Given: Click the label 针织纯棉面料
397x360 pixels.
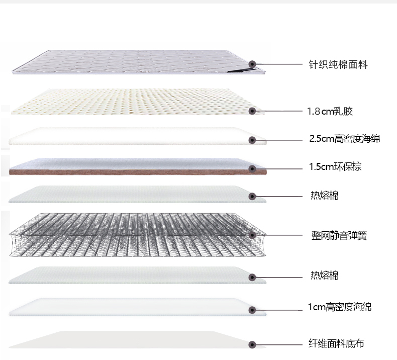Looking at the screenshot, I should click(x=338, y=65).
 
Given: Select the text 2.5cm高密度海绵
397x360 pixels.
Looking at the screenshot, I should click(x=344, y=139).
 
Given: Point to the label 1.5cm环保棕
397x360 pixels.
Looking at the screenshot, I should click(x=335, y=167).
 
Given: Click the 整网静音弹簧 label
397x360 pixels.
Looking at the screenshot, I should click(x=339, y=235).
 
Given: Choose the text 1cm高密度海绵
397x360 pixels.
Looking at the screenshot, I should click(x=340, y=307).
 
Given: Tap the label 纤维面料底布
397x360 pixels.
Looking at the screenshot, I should click(x=336, y=344).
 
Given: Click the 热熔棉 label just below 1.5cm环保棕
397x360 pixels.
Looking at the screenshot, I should click(x=324, y=196).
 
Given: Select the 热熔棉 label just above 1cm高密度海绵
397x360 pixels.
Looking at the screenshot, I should click(x=324, y=276).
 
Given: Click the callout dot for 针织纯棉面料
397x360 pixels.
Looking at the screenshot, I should click(x=252, y=64).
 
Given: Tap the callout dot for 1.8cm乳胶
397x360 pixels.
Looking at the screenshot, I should click(x=252, y=111).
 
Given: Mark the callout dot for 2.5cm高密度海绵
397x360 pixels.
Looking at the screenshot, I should click(x=253, y=140).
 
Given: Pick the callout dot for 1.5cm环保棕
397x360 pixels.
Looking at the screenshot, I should click(x=253, y=168).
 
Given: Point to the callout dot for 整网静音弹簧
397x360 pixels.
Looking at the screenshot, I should click(x=252, y=234).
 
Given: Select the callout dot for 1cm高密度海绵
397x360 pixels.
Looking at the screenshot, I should click(x=253, y=310).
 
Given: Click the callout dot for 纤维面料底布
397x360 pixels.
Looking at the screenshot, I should click(x=253, y=344).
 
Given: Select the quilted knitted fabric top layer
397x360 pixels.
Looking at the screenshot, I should click(x=131, y=63).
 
